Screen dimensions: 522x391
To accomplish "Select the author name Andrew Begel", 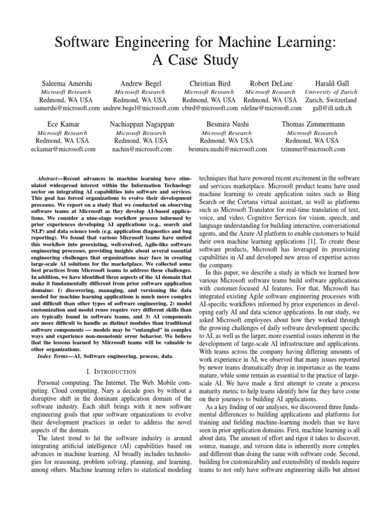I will coord(139,83).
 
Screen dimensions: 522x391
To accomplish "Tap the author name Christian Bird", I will coord(210,83).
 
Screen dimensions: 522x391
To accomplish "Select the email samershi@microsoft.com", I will coord(67,109).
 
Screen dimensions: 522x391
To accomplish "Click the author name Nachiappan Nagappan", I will coord(142,124).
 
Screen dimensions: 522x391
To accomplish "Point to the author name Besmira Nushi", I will coord(227,124).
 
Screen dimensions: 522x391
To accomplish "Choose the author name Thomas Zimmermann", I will coord(313,124).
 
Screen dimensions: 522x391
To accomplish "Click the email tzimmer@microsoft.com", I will coord(313,149).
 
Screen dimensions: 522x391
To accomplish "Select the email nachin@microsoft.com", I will coord(142,149).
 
